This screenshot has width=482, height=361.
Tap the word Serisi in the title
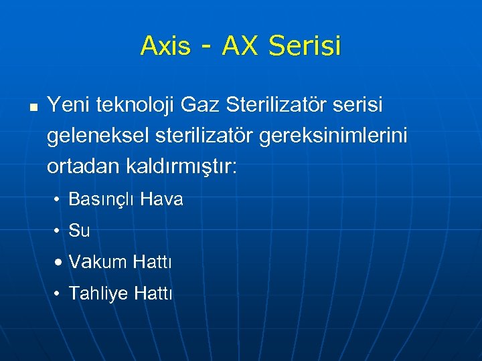click(305, 46)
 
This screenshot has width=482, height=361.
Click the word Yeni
click(69, 105)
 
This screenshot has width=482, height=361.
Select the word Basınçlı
click(101, 200)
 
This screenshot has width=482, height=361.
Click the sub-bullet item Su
click(79, 231)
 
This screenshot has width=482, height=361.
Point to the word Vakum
click(98, 261)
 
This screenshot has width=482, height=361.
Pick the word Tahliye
click(99, 293)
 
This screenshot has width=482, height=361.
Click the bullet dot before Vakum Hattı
click(60, 262)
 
